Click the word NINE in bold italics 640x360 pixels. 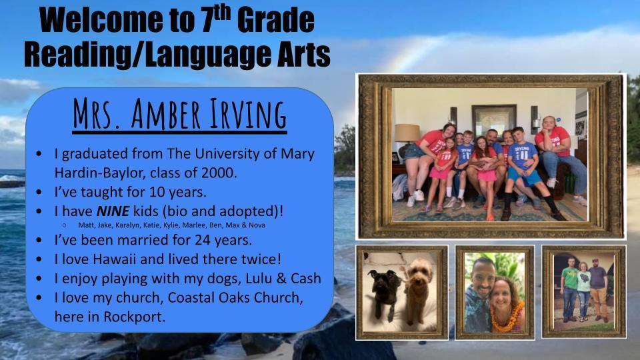[113, 211]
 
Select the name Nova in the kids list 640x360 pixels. [257, 225]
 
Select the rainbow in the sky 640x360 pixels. [412, 53]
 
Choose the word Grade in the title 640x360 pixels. [275, 21]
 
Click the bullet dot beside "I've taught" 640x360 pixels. [39, 192]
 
